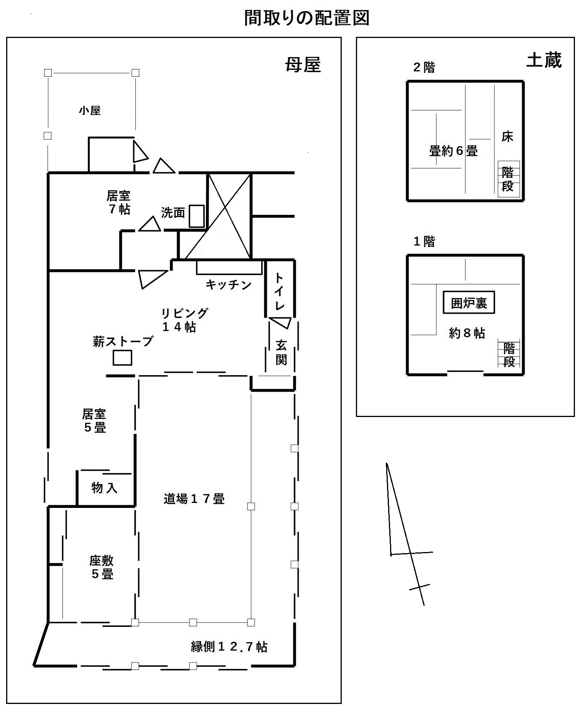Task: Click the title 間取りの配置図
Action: (x=306, y=18)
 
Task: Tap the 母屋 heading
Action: (x=303, y=65)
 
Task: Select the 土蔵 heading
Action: (x=544, y=60)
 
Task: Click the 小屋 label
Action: (x=90, y=111)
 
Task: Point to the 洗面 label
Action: (x=173, y=213)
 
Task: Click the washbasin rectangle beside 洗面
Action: (x=197, y=216)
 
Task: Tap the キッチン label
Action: (x=229, y=285)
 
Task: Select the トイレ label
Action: (x=280, y=292)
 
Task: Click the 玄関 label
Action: (x=281, y=353)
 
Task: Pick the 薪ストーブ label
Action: (x=123, y=341)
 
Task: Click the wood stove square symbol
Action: (x=122, y=358)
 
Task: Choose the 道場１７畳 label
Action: (x=194, y=499)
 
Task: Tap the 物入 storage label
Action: (x=104, y=488)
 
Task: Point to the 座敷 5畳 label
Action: (x=102, y=567)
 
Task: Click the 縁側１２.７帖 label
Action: (x=229, y=647)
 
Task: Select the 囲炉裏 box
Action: (x=469, y=303)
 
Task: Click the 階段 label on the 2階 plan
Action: (x=508, y=179)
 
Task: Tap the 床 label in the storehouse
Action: (x=507, y=137)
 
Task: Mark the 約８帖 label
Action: (x=467, y=333)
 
